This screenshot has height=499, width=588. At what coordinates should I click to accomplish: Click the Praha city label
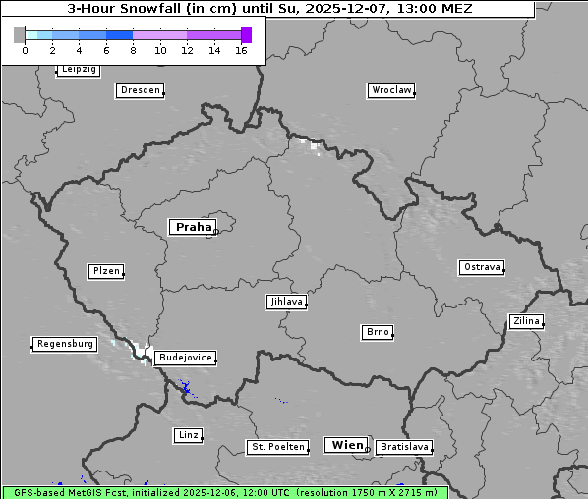(x=193, y=227)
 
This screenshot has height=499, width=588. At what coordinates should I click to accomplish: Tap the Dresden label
(x=140, y=90)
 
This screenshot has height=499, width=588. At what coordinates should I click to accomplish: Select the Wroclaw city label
(x=390, y=90)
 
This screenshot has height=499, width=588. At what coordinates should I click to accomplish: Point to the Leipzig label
(x=78, y=70)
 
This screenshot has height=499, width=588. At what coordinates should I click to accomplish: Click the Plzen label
(x=105, y=271)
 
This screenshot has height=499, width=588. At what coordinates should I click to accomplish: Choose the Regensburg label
(x=65, y=344)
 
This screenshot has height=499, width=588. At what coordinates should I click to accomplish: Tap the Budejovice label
(x=184, y=359)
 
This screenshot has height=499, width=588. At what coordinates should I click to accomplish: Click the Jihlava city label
(x=285, y=303)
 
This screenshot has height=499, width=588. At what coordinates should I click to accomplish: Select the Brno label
(x=378, y=333)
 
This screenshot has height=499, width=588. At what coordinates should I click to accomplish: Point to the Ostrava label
(x=482, y=267)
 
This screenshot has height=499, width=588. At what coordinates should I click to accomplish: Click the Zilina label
(x=526, y=321)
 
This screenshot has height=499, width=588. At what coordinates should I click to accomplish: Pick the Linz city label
(x=188, y=435)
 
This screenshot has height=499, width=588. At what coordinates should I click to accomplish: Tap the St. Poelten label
(x=278, y=447)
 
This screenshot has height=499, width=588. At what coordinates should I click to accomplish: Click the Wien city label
(x=347, y=445)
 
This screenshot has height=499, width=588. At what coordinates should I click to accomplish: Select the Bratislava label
(x=403, y=447)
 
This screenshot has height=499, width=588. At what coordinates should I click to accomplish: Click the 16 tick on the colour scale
(x=242, y=50)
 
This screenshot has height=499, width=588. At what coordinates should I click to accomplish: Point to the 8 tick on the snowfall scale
(x=133, y=50)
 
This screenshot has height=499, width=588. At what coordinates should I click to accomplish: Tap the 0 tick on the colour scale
(x=25, y=50)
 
